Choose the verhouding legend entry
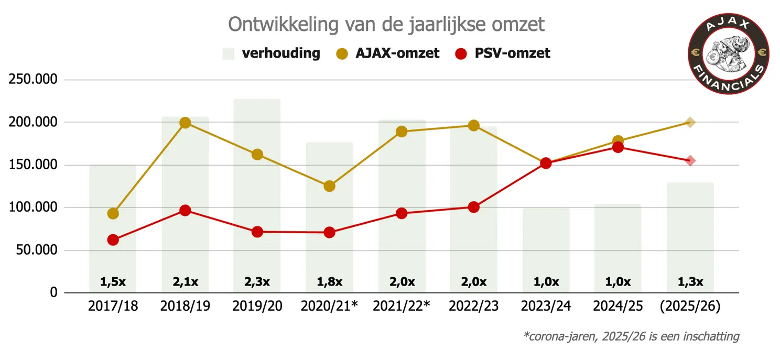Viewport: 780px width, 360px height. [x=272, y=53]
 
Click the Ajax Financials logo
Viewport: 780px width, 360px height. [x=728, y=54]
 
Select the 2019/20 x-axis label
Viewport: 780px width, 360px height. [x=257, y=306]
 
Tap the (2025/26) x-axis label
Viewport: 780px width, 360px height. [x=690, y=306]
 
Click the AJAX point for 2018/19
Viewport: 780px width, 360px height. [x=185, y=123]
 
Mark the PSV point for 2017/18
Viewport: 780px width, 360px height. [x=113, y=240]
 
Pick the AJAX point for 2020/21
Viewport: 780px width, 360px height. [x=329, y=186]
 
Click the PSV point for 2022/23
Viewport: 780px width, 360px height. [x=474, y=207]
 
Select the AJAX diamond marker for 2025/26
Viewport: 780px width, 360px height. [x=690, y=123]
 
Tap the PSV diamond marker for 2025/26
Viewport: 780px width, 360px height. [x=690, y=161]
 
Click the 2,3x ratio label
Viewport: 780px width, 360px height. [x=257, y=282]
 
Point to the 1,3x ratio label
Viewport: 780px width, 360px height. [x=690, y=282]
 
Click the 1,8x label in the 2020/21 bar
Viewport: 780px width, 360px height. [x=329, y=282]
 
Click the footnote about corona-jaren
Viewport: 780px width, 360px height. [x=631, y=336]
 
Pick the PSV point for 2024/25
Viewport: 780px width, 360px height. [x=618, y=147]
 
